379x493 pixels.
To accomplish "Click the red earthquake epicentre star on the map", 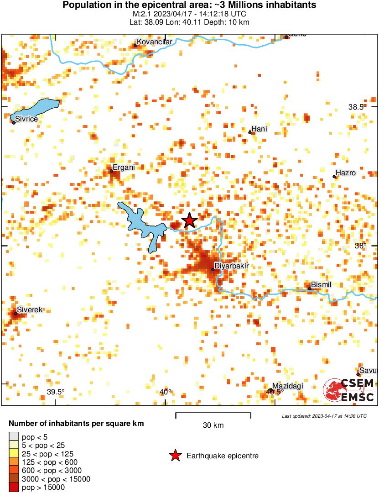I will (x=189, y=220).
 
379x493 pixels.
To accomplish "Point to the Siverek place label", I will (x=30, y=310).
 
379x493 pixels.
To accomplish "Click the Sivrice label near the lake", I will (x=26, y=119).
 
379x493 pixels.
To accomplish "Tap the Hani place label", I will (x=260, y=129).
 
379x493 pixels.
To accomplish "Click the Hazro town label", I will (x=345, y=173).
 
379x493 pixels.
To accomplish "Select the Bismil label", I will (x=321, y=285).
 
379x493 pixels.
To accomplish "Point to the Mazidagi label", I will (x=288, y=386).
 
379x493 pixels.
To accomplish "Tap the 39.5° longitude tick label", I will (x=56, y=392).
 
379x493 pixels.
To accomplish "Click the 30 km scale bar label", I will (x=213, y=425).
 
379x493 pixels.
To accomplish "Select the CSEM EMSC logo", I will (x=349, y=390).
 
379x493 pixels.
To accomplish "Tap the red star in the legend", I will (x=175, y=456).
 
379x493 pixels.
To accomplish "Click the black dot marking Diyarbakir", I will (x=213, y=269).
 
